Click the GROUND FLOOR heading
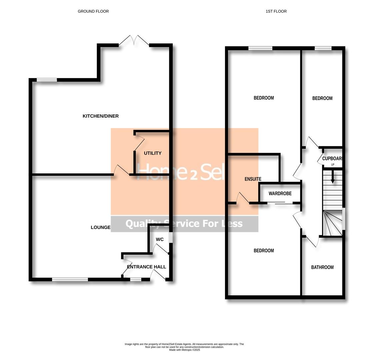point(93,11)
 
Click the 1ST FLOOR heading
point(276,11)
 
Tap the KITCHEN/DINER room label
point(101,116)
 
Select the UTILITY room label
point(153,153)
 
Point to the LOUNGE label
point(100,227)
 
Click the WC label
point(160,239)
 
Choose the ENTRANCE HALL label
point(146,267)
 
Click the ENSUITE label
point(253,179)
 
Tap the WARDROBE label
point(280,193)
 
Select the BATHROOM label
point(322,267)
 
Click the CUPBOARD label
point(332,159)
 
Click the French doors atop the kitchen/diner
point(134,41)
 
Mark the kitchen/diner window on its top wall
point(47,80)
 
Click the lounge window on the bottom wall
point(70,279)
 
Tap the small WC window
point(170,237)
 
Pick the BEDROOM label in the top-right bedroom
point(322,98)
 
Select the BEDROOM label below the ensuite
point(264,251)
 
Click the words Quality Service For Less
point(184,224)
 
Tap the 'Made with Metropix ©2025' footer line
point(184,350)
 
